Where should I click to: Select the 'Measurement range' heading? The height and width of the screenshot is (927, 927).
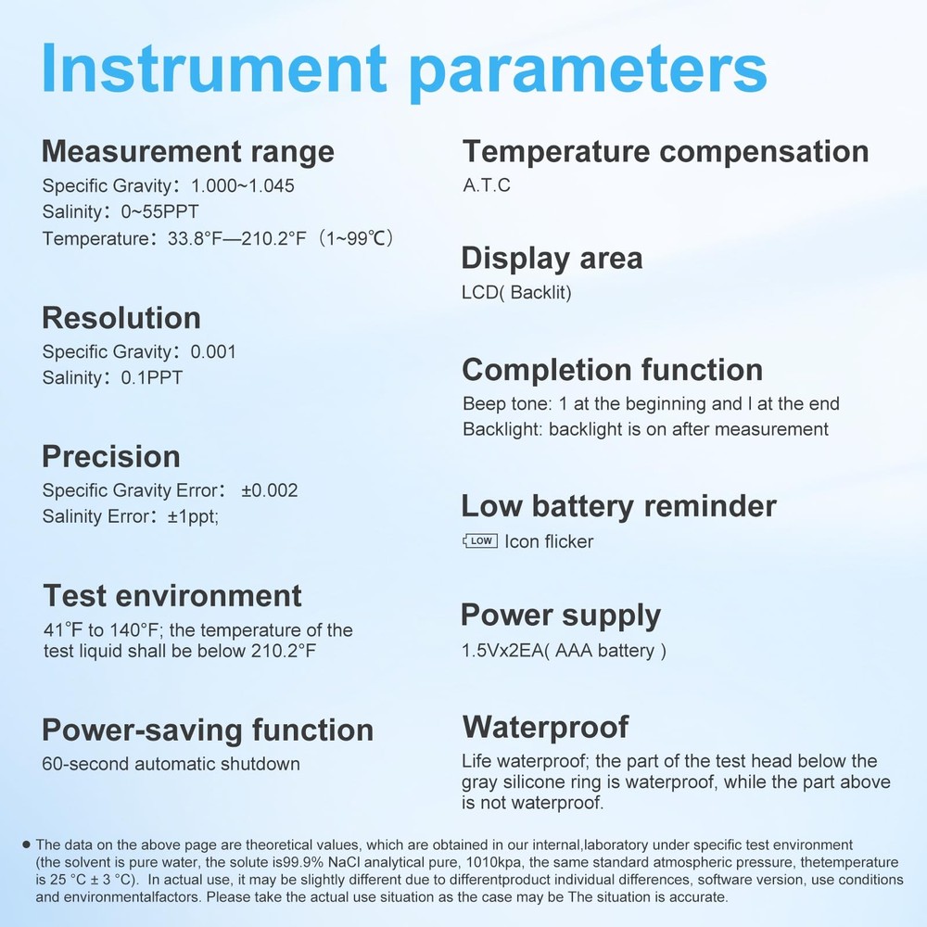tap(188, 150)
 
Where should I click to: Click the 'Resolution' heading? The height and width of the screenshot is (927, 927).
tap(121, 318)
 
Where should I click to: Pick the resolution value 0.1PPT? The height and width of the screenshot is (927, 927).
tap(152, 378)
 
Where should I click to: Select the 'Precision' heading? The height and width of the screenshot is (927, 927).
tap(111, 457)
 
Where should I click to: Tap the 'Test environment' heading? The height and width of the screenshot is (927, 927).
tap(172, 595)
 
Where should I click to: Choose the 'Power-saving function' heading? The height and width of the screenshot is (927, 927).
tap(208, 730)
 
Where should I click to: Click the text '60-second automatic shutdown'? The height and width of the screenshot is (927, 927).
tap(171, 765)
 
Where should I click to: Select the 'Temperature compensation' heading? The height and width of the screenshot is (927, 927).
tap(665, 151)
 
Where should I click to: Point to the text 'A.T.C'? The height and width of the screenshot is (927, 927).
tap(487, 185)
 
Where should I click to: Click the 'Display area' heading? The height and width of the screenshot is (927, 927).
tap(552, 258)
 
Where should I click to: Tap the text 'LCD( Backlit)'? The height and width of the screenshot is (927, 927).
tap(516, 293)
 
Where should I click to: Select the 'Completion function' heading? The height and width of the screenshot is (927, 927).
tap(612, 370)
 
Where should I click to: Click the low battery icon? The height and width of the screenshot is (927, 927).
tap(479, 540)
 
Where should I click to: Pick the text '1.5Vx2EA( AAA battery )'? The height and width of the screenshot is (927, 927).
tap(564, 651)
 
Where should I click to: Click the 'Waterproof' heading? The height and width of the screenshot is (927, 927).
tap(545, 727)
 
